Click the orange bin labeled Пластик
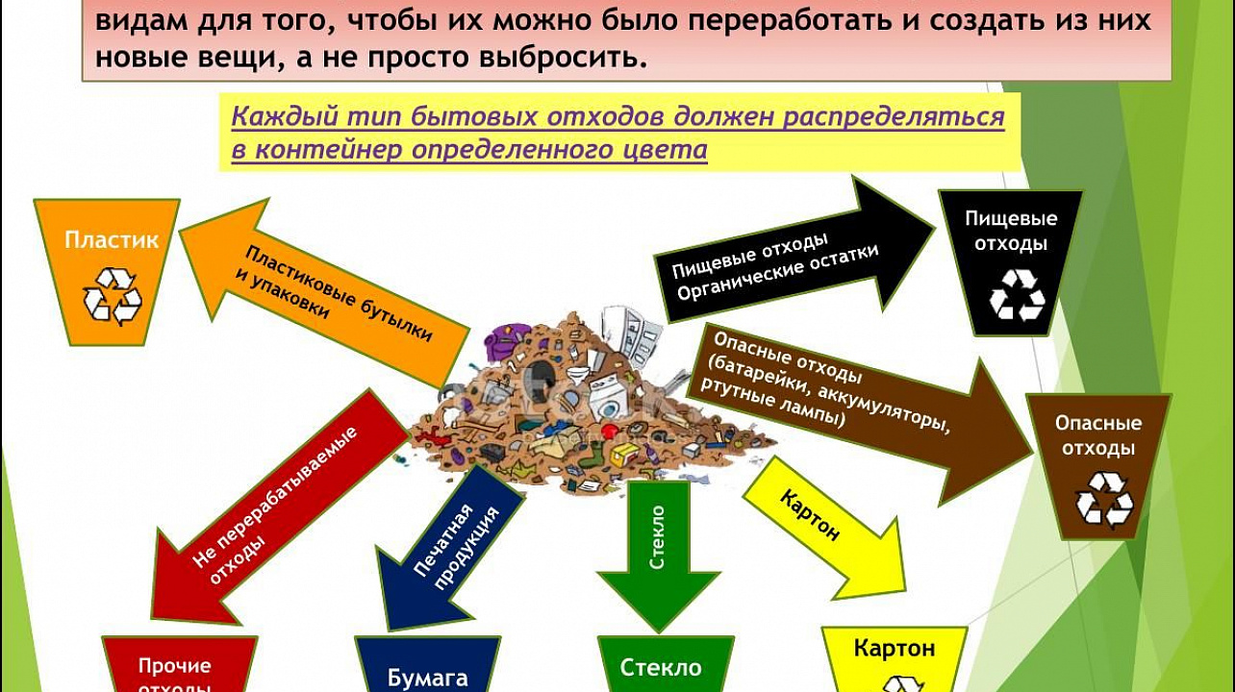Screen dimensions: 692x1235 pos(108,270)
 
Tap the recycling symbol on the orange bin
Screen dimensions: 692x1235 pos(113,296)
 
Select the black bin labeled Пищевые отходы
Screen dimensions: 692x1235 pos(1010,260)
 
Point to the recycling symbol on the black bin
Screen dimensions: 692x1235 pos(1017,295)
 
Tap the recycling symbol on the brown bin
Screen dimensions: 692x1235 pos(1104,499)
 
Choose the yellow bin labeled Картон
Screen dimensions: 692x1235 pos(894,660)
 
